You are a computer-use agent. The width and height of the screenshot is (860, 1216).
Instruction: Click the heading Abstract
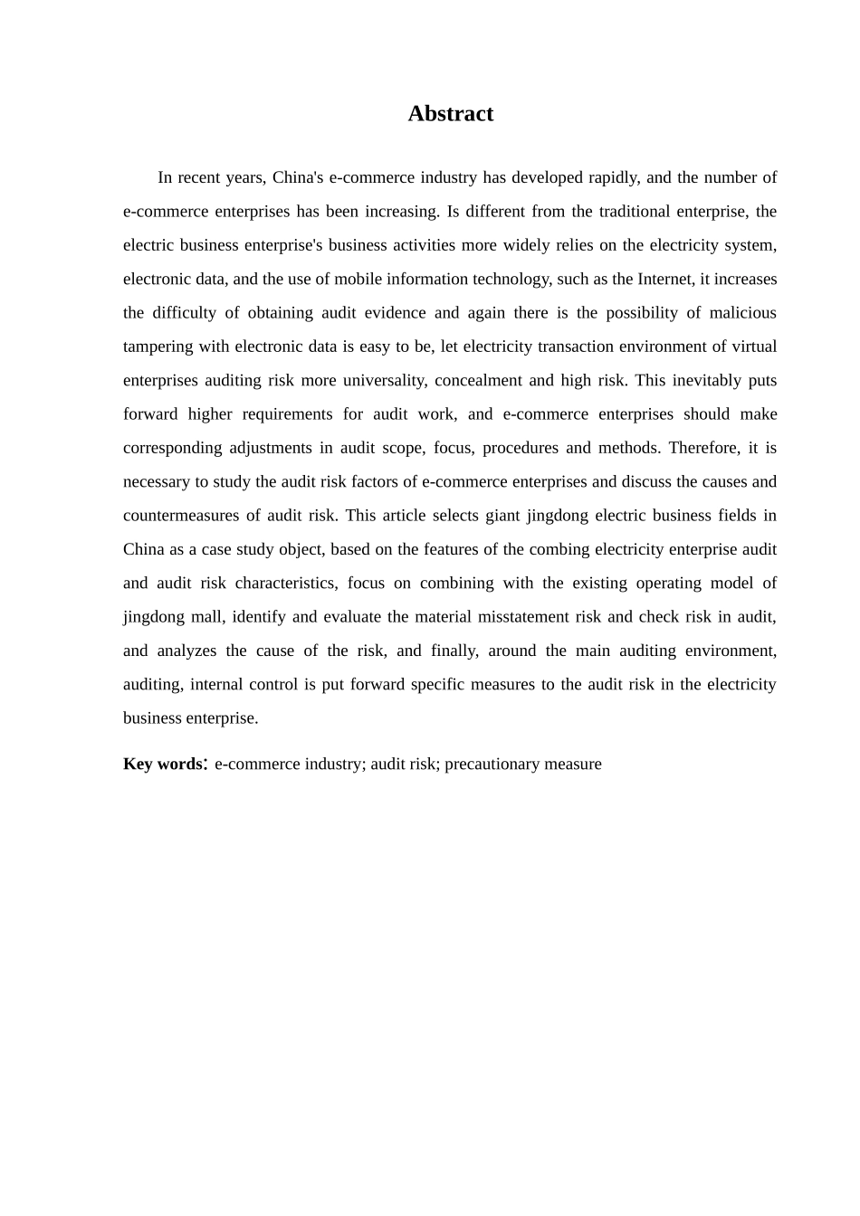point(450,114)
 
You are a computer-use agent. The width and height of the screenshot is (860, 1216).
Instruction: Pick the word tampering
point(158,347)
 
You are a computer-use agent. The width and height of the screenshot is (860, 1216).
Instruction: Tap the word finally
point(454,651)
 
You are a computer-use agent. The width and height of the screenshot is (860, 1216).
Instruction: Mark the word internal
point(216,685)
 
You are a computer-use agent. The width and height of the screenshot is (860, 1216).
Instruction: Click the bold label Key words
point(163,765)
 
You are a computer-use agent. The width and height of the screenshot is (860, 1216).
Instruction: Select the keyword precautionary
point(492,765)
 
